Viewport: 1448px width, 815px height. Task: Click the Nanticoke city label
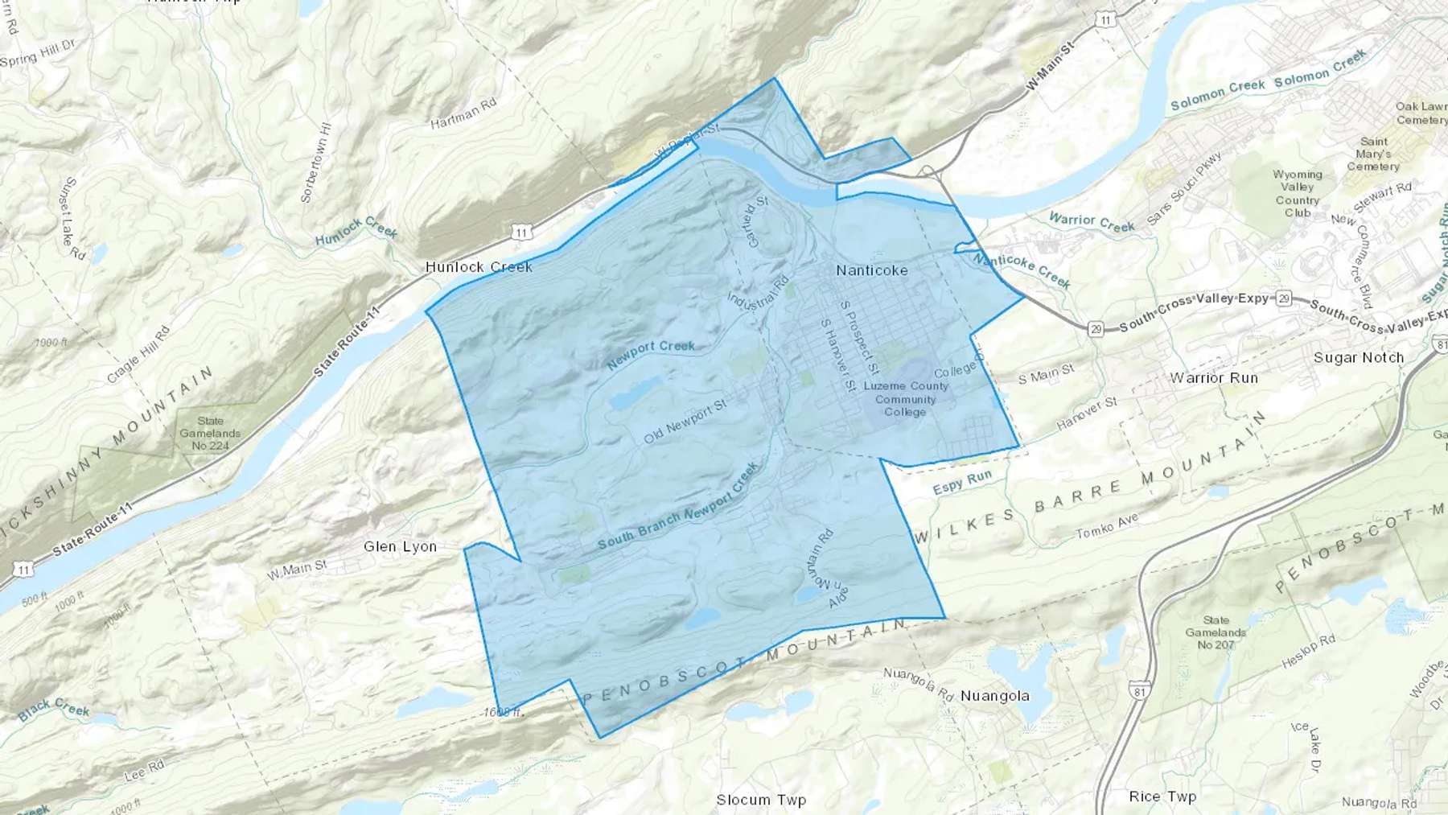click(871, 270)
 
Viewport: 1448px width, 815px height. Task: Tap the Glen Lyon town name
click(400, 546)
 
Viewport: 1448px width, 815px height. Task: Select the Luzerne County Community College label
click(906, 399)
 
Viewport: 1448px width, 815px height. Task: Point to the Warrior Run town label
click(1213, 377)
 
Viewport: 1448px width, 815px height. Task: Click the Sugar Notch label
click(1358, 357)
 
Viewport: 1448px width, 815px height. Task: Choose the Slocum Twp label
click(761, 800)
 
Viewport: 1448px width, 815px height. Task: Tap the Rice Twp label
click(1162, 796)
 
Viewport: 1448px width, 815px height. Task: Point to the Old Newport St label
click(685, 422)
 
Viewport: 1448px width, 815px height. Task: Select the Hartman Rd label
click(463, 114)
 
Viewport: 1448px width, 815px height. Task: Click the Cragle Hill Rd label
click(138, 355)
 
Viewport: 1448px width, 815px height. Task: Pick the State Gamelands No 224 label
click(210, 433)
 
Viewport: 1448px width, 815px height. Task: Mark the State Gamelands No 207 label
click(1216, 632)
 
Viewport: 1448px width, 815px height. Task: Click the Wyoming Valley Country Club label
click(1297, 193)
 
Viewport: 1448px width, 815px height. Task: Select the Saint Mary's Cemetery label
click(1373, 154)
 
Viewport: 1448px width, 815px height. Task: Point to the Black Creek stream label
click(53, 708)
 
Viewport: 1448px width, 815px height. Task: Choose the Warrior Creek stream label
click(1091, 222)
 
